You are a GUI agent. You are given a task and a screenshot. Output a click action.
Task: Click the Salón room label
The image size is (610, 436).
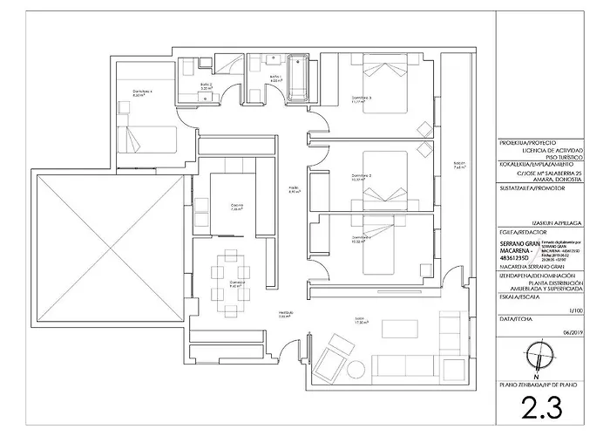tap(359, 319)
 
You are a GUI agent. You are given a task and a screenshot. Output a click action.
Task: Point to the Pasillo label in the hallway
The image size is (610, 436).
tap(295, 189)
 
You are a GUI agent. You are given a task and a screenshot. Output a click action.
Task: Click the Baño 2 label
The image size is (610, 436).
tap(206, 85)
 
